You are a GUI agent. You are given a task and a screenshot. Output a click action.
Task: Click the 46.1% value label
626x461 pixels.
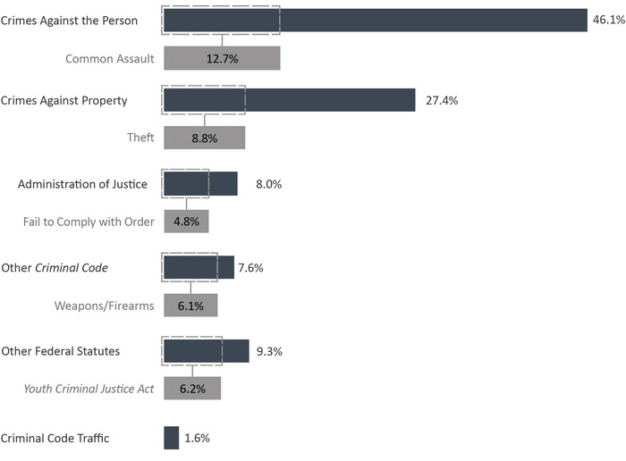[x=605, y=19]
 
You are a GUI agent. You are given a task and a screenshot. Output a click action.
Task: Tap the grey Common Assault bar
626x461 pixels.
[x=221, y=59]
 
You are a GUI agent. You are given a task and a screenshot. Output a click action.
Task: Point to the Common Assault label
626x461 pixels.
[x=110, y=59]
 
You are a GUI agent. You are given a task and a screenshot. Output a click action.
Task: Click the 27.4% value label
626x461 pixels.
[x=440, y=100]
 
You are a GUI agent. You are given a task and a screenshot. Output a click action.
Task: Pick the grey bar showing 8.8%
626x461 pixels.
[x=203, y=138]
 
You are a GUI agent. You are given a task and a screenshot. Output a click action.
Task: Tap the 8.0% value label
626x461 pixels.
[x=268, y=184]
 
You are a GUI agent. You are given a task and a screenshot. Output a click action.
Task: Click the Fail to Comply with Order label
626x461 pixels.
[x=89, y=222]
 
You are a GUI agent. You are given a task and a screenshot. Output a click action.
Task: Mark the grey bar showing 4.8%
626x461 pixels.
[x=186, y=222]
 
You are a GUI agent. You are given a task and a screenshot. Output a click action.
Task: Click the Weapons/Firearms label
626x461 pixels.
[x=105, y=306]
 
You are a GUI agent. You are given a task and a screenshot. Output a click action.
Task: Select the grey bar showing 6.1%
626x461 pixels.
[x=190, y=306]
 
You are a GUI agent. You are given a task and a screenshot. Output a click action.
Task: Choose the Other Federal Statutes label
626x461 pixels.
[x=61, y=351]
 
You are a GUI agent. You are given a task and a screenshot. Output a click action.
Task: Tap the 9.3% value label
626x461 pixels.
[x=268, y=351]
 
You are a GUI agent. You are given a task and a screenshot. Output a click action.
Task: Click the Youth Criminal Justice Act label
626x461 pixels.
[x=89, y=389]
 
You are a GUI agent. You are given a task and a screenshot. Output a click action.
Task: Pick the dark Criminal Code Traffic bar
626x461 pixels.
[x=172, y=438]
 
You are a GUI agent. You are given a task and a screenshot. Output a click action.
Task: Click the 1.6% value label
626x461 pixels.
[x=198, y=438]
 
